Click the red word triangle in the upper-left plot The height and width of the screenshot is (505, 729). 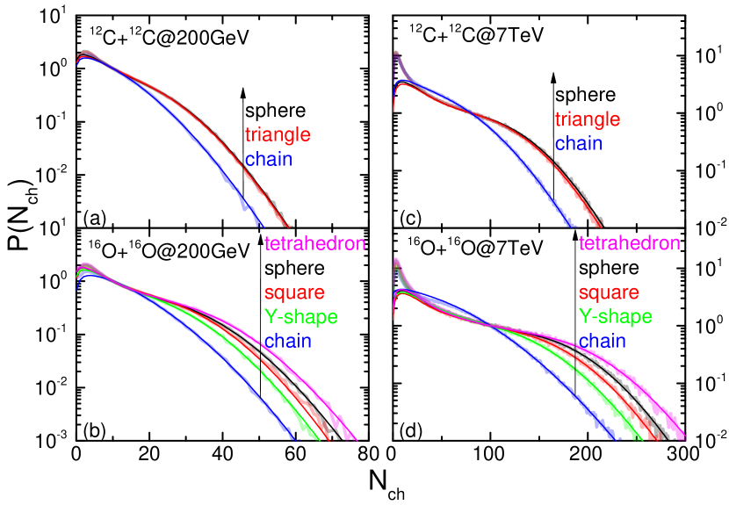(278, 135)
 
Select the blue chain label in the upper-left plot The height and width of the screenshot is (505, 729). (268, 159)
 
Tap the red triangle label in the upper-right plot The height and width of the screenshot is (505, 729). (587, 119)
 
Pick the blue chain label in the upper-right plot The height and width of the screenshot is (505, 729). (578, 143)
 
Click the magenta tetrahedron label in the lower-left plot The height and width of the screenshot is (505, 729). (314, 243)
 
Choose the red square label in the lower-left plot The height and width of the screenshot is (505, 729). (294, 292)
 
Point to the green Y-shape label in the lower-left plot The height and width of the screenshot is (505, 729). (300, 316)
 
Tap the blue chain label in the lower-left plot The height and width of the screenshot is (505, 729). (287, 340)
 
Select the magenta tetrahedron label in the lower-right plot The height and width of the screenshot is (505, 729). (629, 243)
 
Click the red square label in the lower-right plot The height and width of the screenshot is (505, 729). (609, 292)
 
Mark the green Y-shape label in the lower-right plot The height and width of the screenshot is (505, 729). (615, 316)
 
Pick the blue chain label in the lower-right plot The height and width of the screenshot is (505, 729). (602, 340)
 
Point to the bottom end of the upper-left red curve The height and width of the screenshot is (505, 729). (289, 226)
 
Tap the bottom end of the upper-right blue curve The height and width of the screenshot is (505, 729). (575, 226)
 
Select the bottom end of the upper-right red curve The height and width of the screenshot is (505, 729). (602, 226)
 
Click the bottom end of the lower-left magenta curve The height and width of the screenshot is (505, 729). (355, 438)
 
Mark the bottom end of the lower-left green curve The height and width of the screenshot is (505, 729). (314, 438)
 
